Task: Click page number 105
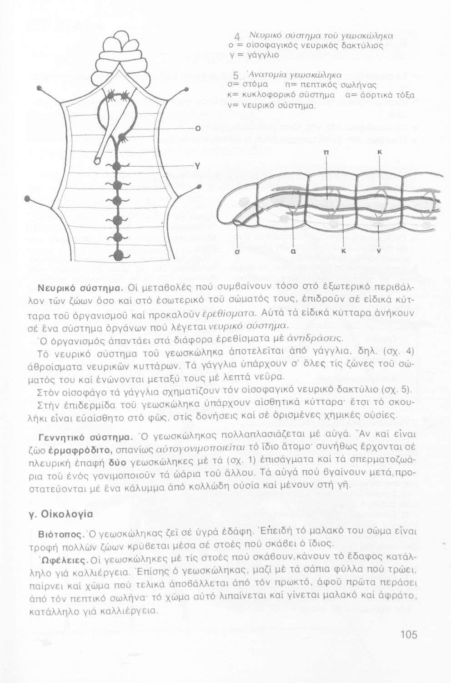[409, 634]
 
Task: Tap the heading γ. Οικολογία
[61, 514]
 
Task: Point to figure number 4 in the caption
[237, 38]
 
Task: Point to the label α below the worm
[294, 250]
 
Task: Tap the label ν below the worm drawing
[379, 250]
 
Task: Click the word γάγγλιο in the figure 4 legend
[260, 55]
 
